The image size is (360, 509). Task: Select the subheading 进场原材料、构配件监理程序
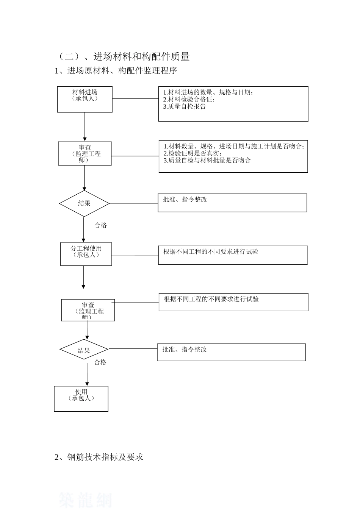click(116, 71)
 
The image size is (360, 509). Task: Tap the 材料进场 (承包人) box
click(85, 99)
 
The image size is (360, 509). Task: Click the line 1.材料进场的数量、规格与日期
click(208, 92)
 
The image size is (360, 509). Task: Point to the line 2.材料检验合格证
click(189, 100)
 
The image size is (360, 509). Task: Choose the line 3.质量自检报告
click(185, 107)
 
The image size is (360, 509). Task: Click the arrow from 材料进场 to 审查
click(85, 127)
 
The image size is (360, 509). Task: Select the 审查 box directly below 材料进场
click(85, 153)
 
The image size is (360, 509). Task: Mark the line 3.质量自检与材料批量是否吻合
click(207, 161)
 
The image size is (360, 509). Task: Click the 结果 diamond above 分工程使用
click(84, 203)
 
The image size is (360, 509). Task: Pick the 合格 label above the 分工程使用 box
click(101, 225)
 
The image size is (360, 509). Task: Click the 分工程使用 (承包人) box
click(86, 254)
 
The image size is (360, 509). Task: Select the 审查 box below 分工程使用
click(88, 310)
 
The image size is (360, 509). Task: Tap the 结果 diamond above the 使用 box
click(84, 350)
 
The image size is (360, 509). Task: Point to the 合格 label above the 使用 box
click(100, 362)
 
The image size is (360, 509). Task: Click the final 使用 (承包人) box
click(81, 398)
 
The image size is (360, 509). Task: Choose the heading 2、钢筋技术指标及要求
click(99, 457)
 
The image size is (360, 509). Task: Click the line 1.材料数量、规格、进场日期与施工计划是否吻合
click(233, 147)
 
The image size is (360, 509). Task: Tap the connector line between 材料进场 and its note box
click(135, 98)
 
